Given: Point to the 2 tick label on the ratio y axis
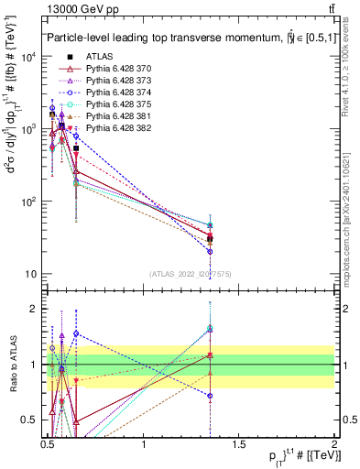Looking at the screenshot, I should click(x=34, y=309).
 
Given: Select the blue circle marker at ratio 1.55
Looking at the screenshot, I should click(x=76, y=334).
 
